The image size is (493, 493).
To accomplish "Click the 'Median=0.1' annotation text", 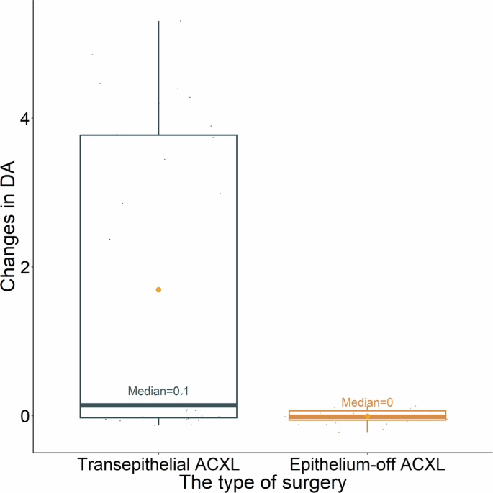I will (158, 392).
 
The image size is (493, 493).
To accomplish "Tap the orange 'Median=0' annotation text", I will (367, 403).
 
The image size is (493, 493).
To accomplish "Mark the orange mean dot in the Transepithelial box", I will (158, 289).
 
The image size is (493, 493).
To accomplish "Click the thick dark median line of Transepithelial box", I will (158, 405).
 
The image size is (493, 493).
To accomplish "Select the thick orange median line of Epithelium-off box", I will (367, 417).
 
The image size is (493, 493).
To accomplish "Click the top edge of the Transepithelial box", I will (158, 135).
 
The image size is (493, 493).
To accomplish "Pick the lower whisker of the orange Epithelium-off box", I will (367, 426).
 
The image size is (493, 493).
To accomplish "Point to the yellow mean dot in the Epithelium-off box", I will (367, 416).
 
